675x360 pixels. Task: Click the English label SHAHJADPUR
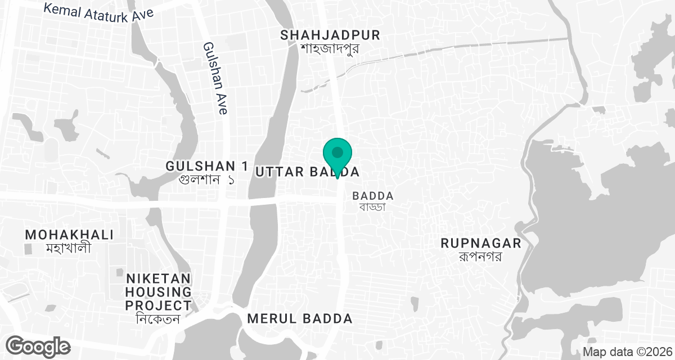pyautogui.click(x=330, y=35)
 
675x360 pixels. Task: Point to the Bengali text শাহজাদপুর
pyautogui.click(x=330, y=48)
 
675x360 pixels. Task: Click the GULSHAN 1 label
pyautogui.click(x=207, y=166)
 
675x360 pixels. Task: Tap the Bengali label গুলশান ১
pyautogui.click(x=206, y=180)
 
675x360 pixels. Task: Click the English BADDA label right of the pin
pyautogui.click(x=372, y=195)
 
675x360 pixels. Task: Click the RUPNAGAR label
pyautogui.click(x=481, y=244)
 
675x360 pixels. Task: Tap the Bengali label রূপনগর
pyautogui.click(x=480, y=256)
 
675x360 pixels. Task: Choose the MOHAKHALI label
pyautogui.click(x=69, y=234)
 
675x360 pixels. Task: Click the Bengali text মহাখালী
pyautogui.click(x=69, y=247)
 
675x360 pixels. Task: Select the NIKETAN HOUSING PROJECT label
pyautogui.click(x=159, y=292)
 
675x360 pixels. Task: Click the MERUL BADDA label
pyautogui.click(x=300, y=318)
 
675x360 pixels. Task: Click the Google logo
pyautogui.click(x=39, y=345)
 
